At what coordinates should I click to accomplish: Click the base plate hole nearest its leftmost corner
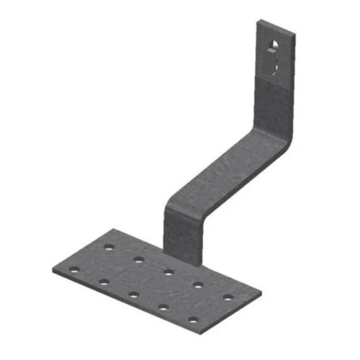pyautogui.click(x=73, y=271)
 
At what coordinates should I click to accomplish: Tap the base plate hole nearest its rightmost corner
pyautogui.click(x=228, y=297)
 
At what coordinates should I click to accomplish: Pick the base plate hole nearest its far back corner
pyautogui.click(x=109, y=248)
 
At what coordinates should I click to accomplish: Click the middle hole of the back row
pyautogui.click(x=168, y=272)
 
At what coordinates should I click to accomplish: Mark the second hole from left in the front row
pyautogui.click(x=104, y=282)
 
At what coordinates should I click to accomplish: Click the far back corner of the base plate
pyautogui.click(x=114, y=230)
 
